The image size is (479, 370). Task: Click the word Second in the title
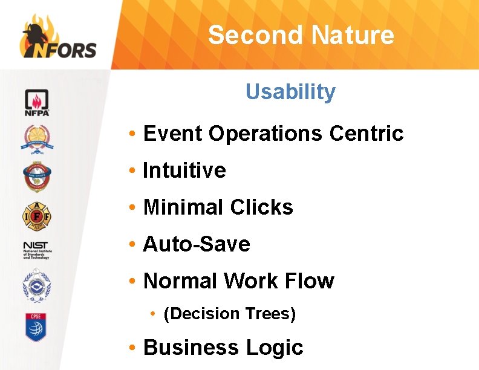pos(252,35)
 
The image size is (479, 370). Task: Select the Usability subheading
pos(290,92)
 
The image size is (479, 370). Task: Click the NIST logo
pos(37,250)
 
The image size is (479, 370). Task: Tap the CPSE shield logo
pos(36,327)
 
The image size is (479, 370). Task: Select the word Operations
pos(266,133)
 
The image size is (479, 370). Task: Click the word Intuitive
pos(184,170)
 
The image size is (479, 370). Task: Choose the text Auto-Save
pos(197,244)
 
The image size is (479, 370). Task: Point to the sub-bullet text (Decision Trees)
pos(230,314)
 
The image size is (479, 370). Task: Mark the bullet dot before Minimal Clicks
pos(131,208)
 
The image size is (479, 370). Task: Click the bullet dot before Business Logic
pos(131,348)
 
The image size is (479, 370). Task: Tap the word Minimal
pos(182,207)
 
